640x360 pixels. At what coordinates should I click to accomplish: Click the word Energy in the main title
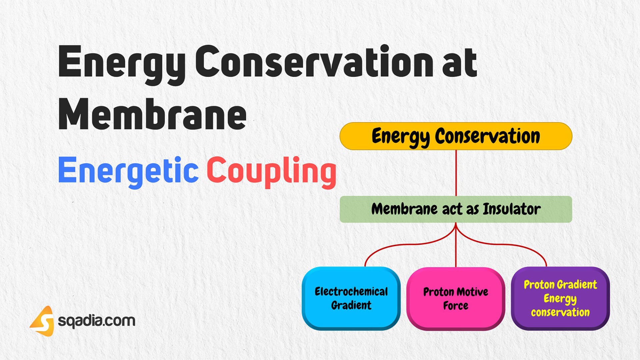click(x=122, y=63)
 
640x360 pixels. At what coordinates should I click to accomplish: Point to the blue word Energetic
click(x=128, y=171)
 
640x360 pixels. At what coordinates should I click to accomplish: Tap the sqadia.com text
click(x=97, y=321)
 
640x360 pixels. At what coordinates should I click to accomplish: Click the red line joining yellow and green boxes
click(x=456, y=173)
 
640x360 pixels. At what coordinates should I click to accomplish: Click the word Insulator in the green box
click(x=512, y=209)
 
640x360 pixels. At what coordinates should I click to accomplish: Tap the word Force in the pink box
click(x=455, y=305)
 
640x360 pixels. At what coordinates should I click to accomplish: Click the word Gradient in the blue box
click(x=351, y=305)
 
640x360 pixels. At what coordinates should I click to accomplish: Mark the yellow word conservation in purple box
click(x=560, y=312)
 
